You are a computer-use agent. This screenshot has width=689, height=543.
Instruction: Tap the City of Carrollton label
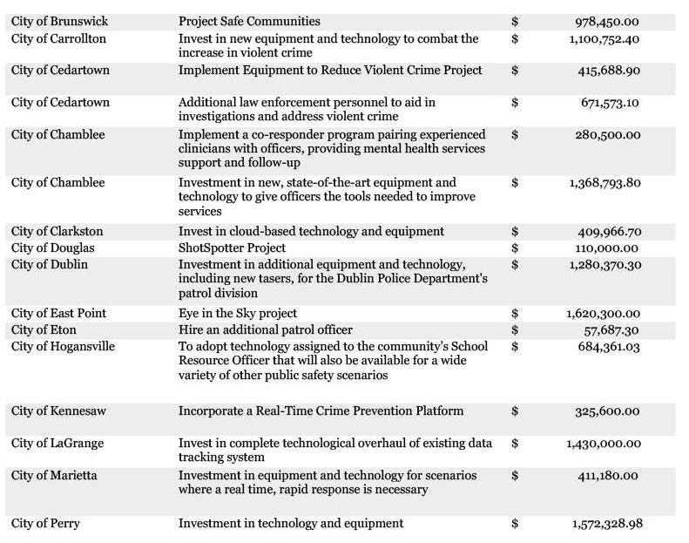pyautogui.click(x=58, y=39)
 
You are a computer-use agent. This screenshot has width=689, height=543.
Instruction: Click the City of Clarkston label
pyautogui.click(x=57, y=232)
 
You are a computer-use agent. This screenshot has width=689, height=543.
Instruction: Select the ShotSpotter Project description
pyautogui.click(x=232, y=248)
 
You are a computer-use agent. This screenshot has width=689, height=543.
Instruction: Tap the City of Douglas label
pyautogui.click(x=53, y=248)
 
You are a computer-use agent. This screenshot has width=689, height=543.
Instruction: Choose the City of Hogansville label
pyautogui.click(x=63, y=347)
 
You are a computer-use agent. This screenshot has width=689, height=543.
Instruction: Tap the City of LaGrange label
pyautogui.click(x=57, y=444)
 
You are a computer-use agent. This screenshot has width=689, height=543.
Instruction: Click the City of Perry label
pyautogui.click(x=45, y=524)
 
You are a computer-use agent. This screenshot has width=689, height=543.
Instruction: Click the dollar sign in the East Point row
pyautogui.click(x=515, y=314)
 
